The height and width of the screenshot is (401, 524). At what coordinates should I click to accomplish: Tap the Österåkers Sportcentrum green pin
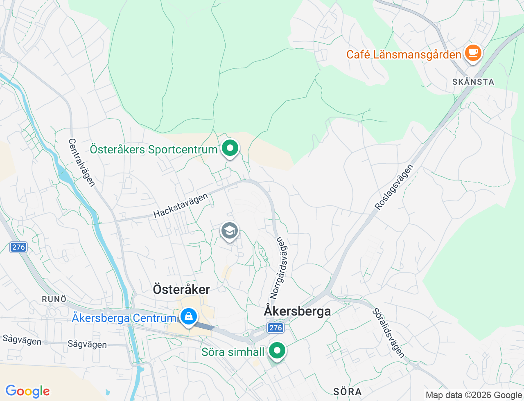click(230, 148)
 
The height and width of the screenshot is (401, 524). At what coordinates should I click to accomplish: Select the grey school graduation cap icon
click(230, 231)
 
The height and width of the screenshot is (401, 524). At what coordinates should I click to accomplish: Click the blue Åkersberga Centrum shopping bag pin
click(188, 317)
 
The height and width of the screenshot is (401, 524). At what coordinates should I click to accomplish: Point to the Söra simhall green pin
click(277, 351)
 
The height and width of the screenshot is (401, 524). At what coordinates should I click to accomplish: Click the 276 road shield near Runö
click(18, 247)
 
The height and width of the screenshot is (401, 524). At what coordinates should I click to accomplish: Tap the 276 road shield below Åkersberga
click(276, 328)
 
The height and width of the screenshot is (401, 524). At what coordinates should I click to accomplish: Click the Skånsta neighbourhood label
click(473, 82)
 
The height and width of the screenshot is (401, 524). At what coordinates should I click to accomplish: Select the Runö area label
click(54, 299)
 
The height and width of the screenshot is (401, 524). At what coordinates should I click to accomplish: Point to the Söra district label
click(347, 392)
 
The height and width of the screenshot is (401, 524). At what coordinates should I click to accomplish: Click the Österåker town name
click(181, 289)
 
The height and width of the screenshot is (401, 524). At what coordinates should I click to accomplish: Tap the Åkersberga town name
click(297, 311)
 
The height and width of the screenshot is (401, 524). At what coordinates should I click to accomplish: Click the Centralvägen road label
click(82, 162)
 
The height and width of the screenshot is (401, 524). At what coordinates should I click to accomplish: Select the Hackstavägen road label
click(181, 205)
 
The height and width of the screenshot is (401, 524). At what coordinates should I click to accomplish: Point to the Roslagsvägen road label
click(394, 187)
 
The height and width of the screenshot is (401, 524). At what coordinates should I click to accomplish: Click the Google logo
click(27, 392)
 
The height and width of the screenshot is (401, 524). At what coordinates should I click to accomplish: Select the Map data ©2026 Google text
click(474, 395)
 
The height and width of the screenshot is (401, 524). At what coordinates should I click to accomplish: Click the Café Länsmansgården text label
click(404, 54)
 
